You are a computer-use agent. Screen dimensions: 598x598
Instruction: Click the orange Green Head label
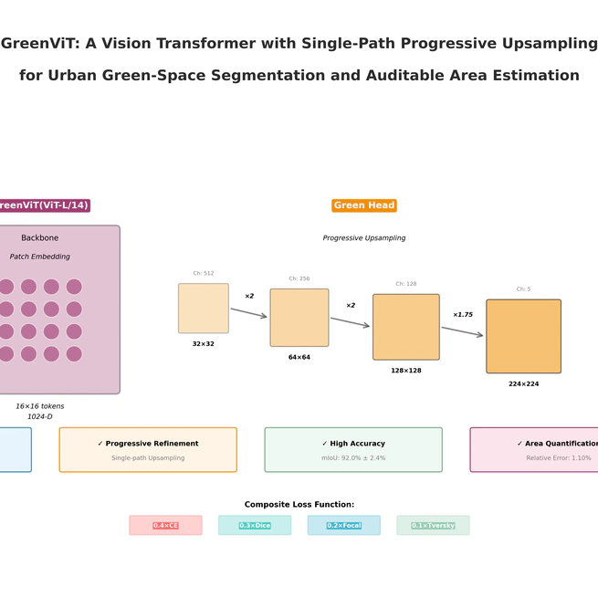pyautogui.click(x=363, y=205)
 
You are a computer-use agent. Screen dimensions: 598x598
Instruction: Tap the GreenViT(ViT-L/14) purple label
pyautogui.click(x=43, y=205)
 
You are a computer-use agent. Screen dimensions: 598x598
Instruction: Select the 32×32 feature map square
pyautogui.click(x=203, y=309)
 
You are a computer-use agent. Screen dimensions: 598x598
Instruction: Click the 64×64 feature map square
pyautogui.click(x=299, y=318)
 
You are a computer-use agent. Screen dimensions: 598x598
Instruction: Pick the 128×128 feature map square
pyautogui.click(x=405, y=327)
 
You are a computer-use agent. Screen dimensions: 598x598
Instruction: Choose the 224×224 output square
pyautogui.click(x=523, y=336)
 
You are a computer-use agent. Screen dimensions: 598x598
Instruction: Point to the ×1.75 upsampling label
pyautogui.click(x=463, y=315)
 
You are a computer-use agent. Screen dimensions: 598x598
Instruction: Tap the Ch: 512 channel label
pyautogui.click(x=203, y=273)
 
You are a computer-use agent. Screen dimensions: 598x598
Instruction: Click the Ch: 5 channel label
pyautogui.click(x=523, y=289)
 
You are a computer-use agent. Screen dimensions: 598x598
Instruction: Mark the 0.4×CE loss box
pyautogui.click(x=165, y=526)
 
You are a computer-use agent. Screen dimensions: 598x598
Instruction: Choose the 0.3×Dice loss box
pyautogui.click(x=255, y=526)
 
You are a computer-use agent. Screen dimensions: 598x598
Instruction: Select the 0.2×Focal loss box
pyautogui.click(x=344, y=526)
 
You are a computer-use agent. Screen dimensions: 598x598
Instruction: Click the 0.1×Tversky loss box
pyautogui.click(x=433, y=526)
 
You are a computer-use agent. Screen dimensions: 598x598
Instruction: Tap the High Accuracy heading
pyautogui.click(x=353, y=444)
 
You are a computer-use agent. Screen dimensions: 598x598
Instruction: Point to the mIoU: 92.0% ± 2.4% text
pyautogui.click(x=353, y=458)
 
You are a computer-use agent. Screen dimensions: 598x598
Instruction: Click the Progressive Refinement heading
pyautogui.click(x=148, y=444)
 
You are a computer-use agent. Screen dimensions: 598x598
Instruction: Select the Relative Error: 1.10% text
pyautogui.click(x=558, y=458)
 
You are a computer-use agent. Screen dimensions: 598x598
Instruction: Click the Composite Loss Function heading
pyautogui.click(x=299, y=505)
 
